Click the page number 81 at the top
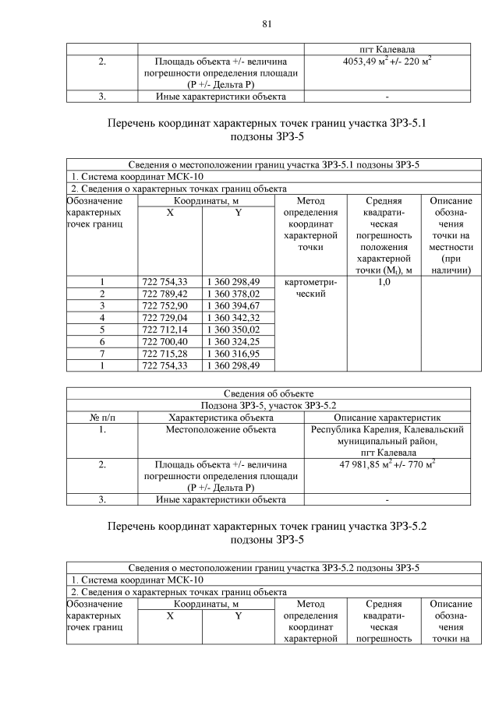[x=266, y=24]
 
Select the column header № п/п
[x=101, y=417]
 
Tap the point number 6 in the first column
[x=101, y=341]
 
